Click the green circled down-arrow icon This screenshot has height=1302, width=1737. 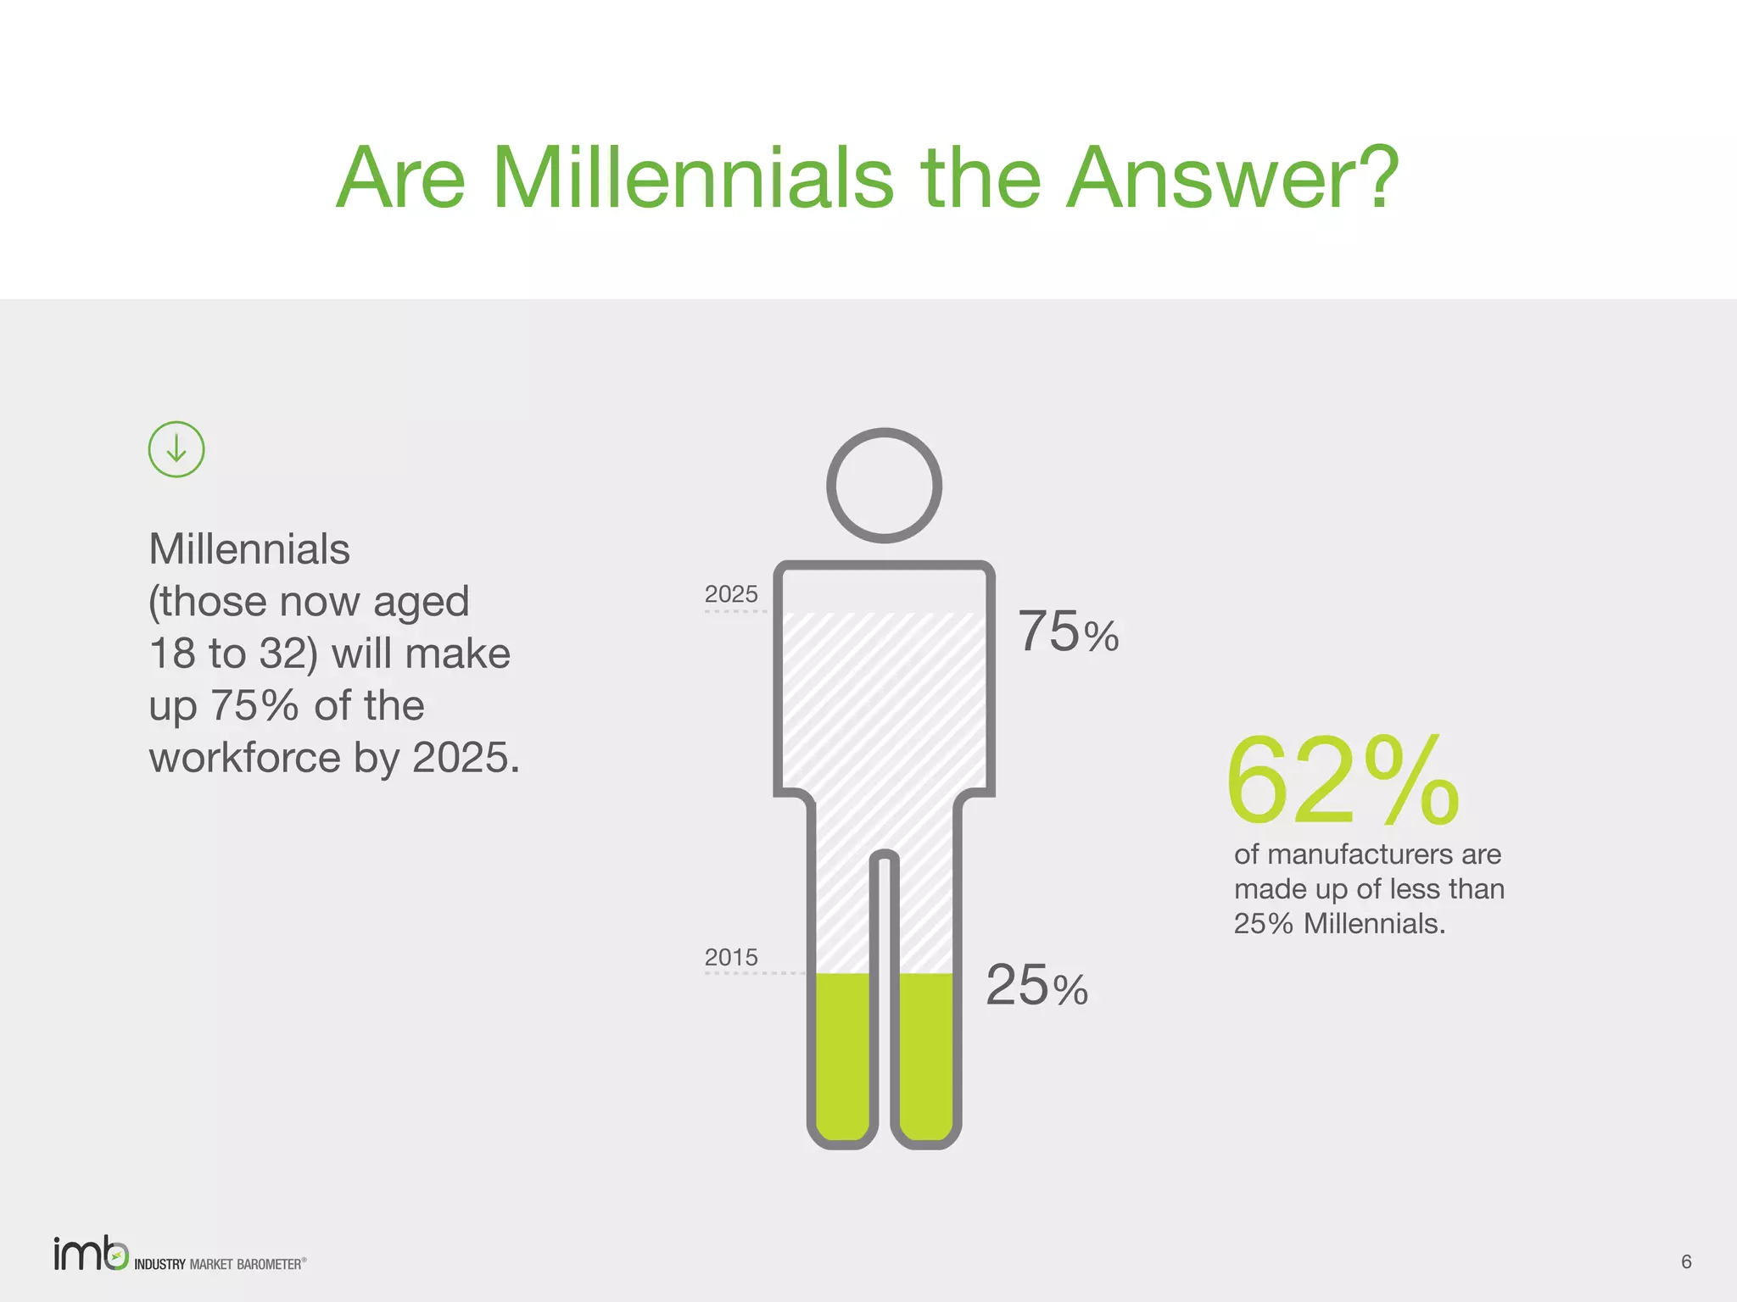coord(176,449)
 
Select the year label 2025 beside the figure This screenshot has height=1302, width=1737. coord(731,594)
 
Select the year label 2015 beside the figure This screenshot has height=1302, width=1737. coord(731,957)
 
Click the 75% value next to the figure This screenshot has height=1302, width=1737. coord(1068,632)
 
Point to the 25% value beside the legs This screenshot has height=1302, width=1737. coord(1036,986)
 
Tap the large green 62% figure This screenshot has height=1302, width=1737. coord(1342,781)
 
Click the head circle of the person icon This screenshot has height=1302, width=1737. coord(884,485)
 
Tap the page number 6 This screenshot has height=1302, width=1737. coord(1686,1262)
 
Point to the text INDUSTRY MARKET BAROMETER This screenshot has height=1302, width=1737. coord(219,1264)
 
